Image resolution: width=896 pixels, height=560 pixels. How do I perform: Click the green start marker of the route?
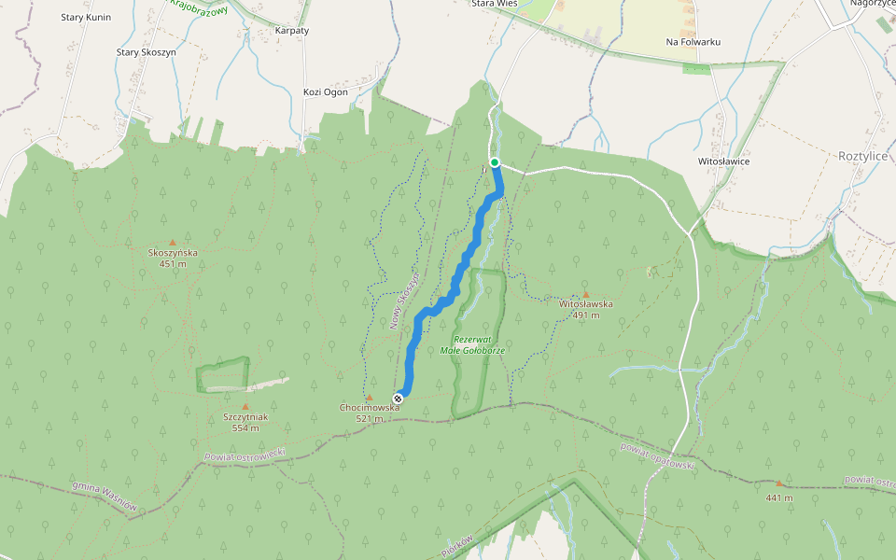point(495,163)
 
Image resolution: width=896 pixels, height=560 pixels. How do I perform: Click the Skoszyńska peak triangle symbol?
point(172,242)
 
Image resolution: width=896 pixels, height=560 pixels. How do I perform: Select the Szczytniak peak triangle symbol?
point(245,406)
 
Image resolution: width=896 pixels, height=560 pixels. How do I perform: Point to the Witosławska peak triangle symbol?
point(586,294)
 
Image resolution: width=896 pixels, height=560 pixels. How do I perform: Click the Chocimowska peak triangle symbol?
point(370,398)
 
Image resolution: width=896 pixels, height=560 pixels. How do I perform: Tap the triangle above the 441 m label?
point(779,483)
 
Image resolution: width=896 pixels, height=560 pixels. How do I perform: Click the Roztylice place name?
point(862,156)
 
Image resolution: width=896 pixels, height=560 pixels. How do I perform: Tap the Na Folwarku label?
point(693,42)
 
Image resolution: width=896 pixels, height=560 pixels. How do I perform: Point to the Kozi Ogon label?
point(326,91)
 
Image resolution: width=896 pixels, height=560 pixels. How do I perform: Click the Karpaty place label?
point(292,31)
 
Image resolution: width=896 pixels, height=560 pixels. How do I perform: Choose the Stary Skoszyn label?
point(146,52)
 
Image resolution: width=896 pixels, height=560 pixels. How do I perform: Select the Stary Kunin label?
point(86,18)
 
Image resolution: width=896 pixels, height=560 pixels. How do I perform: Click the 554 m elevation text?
point(245,428)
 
